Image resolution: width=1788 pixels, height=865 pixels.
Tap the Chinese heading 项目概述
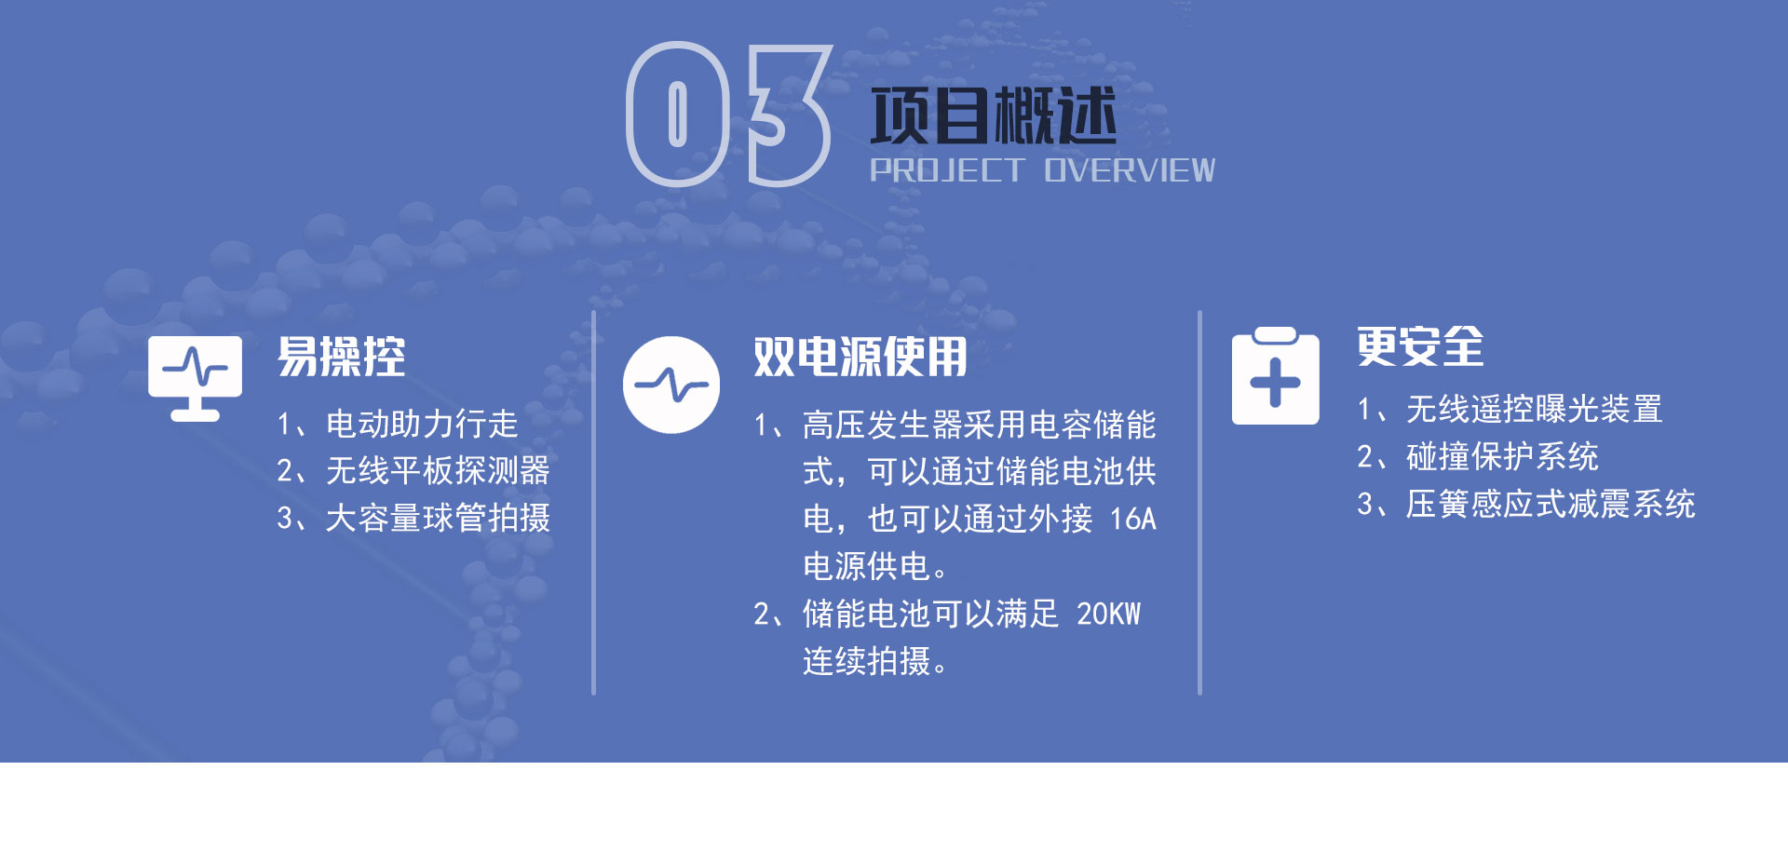pyautogui.click(x=993, y=115)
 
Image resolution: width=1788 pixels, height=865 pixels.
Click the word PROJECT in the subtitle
pyautogui.click(x=947, y=170)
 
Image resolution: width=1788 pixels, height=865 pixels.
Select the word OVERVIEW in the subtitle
pyautogui.click(x=1130, y=170)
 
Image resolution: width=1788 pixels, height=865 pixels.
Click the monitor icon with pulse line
pyautogui.click(x=195, y=378)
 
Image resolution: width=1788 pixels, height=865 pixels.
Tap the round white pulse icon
pyautogui.click(x=671, y=385)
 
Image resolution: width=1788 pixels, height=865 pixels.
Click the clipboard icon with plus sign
pyautogui.click(x=1275, y=376)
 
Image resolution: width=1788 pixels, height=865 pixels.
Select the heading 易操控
pyautogui.click(x=341, y=357)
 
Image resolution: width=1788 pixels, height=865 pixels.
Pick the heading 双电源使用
pyautogui.click(x=860, y=357)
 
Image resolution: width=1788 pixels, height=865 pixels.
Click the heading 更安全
pyautogui.click(x=1420, y=347)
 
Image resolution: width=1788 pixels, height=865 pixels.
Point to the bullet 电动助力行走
pyautogui.click(x=422, y=425)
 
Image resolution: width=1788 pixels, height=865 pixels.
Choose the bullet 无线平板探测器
pyautogui.click(x=438, y=471)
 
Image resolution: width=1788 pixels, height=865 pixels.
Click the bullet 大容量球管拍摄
pyautogui.click(x=438, y=518)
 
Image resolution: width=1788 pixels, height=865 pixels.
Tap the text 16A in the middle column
pyautogui.click(x=1132, y=519)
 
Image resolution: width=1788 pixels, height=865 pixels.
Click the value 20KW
pyautogui.click(x=1108, y=614)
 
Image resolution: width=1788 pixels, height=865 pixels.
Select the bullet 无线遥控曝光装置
pyautogui.click(x=1534, y=410)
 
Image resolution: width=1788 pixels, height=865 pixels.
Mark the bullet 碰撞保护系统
pyautogui.click(x=1502, y=457)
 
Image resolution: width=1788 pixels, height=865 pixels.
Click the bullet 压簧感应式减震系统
pyautogui.click(x=1551, y=505)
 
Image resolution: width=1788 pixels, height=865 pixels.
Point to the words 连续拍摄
pyautogui.click(x=867, y=661)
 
